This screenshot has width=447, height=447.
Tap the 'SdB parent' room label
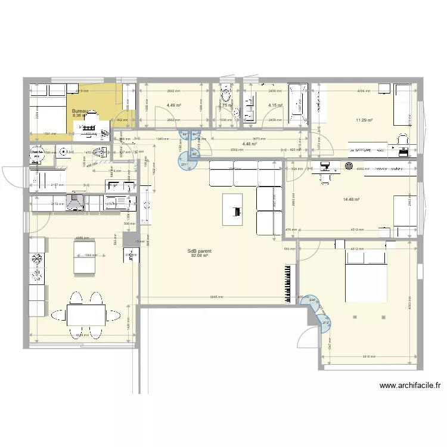pyautogui.click(x=199, y=252)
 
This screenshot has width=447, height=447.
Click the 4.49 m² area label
pyautogui.click(x=174, y=105)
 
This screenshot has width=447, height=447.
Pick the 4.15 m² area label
pyautogui.click(x=275, y=105)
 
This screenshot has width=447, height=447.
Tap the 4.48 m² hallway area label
pyautogui.click(x=250, y=144)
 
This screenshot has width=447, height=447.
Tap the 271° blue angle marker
pyautogui.click(x=185, y=165)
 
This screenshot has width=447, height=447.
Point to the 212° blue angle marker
pyautogui.click(x=325, y=323)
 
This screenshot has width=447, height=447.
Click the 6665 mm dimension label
pyautogui.click(x=217, y=297)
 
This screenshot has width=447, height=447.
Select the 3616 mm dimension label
pyautogui.click(x=368, y=356)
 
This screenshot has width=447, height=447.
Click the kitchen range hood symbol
pyautogui.click(x=76, y=203)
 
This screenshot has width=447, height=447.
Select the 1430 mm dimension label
pyautogui.click(x=129, y=322)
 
